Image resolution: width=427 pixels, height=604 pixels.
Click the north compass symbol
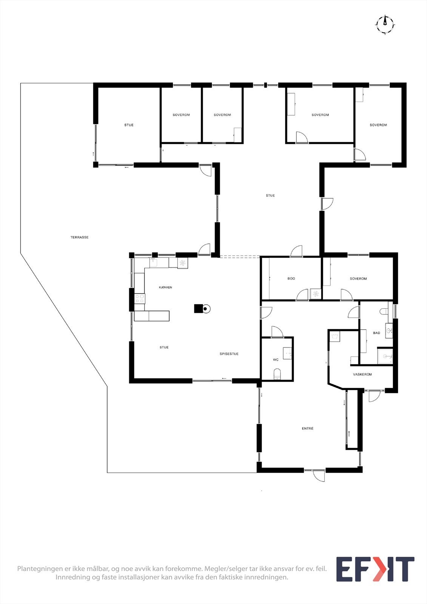pos(385,25)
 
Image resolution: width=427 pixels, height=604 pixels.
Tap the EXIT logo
pos(375,569)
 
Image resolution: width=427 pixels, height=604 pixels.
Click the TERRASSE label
pos(79,237)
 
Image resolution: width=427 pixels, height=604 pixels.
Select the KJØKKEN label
pos(165,288)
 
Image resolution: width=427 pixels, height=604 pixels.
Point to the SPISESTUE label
pos(229,354)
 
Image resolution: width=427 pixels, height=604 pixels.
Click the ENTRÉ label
pos(308,429)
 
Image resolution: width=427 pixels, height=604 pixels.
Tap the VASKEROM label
pos(362,374)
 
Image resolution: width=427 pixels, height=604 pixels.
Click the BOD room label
pos(291,279)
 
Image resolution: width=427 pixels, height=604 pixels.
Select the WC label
pos(276,360)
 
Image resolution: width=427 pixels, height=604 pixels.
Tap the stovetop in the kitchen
pos(140,299)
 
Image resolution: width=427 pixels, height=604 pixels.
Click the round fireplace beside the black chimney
pos(206,309)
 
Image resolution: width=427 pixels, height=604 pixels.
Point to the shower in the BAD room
pos(385,356)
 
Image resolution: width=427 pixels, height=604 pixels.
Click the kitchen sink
pos(154,262)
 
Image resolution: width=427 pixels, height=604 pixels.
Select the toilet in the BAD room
pos(384,312)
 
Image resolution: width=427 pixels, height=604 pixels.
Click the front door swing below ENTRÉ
pos(319,475)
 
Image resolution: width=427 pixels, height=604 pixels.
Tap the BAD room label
pos(376,333)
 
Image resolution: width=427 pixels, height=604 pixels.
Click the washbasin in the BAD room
pos(389,331)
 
